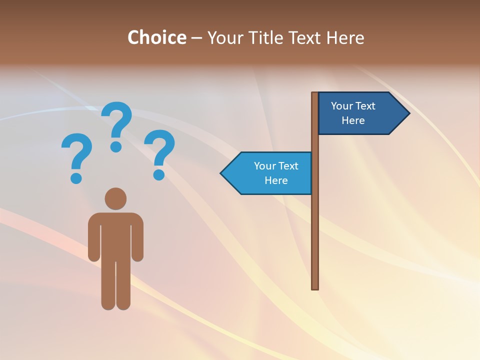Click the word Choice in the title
(156, 37)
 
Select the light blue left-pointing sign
(270, 173)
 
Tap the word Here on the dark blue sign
(353, 120)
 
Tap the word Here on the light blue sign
(276, 180)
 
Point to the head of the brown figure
(115, 198)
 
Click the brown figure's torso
(115, 235)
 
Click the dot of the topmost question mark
(116, 146)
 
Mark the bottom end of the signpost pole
(315, 287)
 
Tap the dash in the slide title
(196, 38)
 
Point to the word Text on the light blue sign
(287, 166)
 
